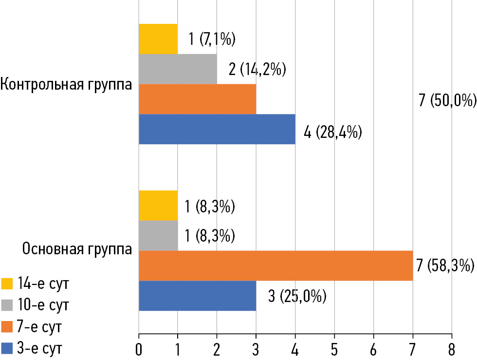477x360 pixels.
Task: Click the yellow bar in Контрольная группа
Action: pos(158,39)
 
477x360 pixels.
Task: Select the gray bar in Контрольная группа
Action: pos(178,69)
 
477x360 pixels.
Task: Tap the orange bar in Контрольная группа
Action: pos(197,99)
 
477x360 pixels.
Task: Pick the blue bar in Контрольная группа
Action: pos(217,129)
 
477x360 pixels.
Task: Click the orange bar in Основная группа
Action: pos(275,266)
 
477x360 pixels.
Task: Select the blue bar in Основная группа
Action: pos(197,296)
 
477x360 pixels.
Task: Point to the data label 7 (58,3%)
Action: pos(445,266)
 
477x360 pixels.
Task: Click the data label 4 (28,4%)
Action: pos(332,132)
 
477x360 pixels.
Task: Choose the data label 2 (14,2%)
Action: pos(257,70)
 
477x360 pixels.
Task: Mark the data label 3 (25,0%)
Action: pos(297,296)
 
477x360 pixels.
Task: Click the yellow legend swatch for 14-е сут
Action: pos(6,284)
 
